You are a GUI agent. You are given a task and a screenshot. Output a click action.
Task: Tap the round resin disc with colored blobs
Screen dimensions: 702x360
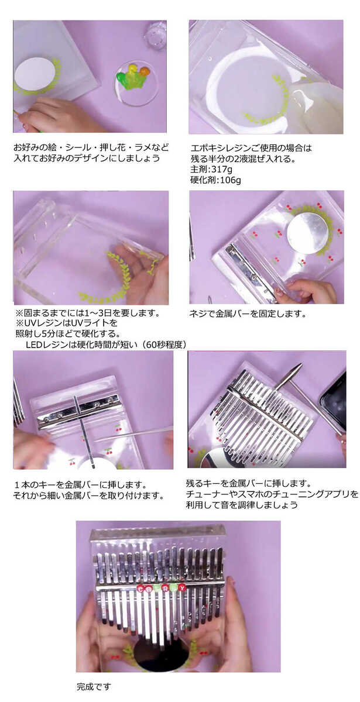[x=136, y=82]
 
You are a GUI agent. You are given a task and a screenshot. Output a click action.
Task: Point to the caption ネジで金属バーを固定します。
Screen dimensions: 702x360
[x=248, y=314]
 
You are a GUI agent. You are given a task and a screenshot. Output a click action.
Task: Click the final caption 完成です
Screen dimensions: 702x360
[x=93, y=686]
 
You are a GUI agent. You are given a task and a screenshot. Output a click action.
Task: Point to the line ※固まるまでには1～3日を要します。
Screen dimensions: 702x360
[x=87, y=312]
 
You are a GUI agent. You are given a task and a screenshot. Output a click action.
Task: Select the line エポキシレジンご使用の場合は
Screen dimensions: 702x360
[x=252, y=148]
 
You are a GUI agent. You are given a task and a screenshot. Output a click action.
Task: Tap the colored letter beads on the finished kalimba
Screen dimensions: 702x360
[x=161, y=587]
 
